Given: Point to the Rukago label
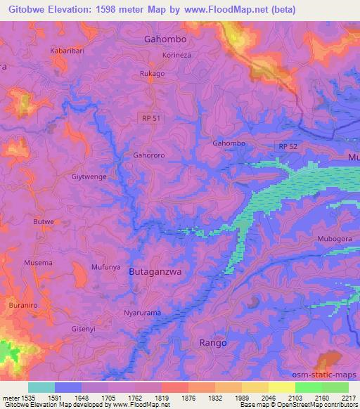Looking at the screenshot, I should (152, 73).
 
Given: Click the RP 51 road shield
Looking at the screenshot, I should (151, 119).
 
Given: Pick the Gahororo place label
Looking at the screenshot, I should (148, 155).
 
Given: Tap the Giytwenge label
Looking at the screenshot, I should (89, 177).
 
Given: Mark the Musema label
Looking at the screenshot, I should (39, 263).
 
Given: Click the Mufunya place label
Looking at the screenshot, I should (106, 267).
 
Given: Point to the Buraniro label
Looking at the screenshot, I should (24, 306).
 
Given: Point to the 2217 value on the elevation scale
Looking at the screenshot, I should (348, 398).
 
